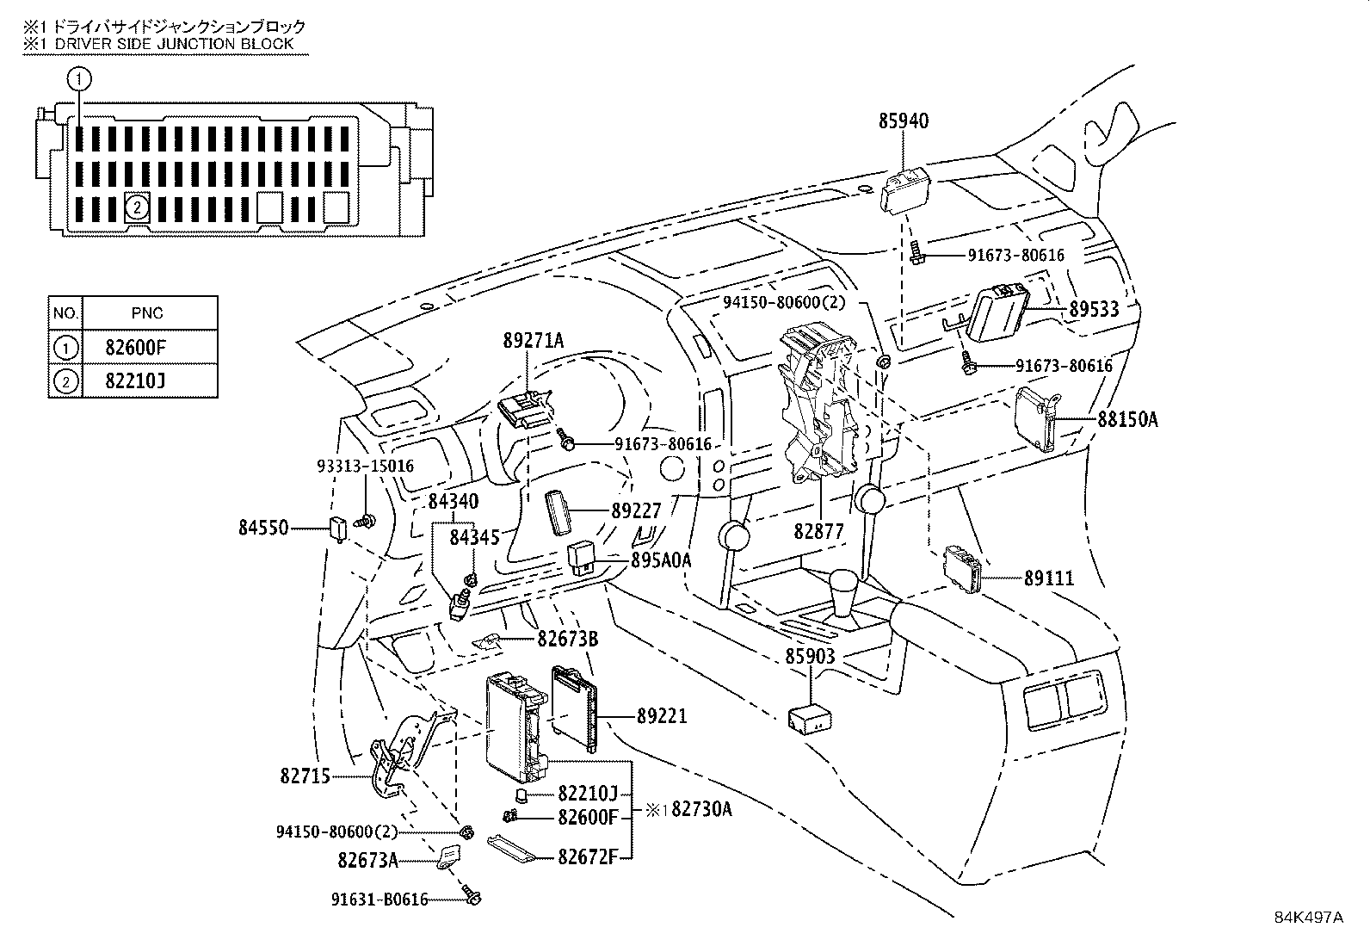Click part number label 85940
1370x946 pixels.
pyautogui.click(x=904, y=121)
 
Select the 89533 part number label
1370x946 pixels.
pyautogui.click(x=1094, y=309)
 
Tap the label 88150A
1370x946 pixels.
pyautogui.click(x=1127, y=420)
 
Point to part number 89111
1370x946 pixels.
pyautogui.click(x=1049, y=578)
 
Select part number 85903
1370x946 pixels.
pyautogui.click(x=810, y=657)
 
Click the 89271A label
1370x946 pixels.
pyautogui.click(x=534, y=341)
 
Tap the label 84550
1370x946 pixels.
pyautogui.click(x=263, y=527)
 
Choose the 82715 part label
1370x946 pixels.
pyautogui.click(x=305, y=776)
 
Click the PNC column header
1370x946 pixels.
pyautogui.click(x=147, y=313)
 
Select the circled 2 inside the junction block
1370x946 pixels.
pyautogui.click(x=136, y=207)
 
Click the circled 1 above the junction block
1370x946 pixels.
pyautogui.click(x=79, y=80)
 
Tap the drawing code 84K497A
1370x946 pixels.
pyautogui.click(x=1308, y=917)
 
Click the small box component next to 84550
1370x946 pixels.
pyautogui.click(x=340, y=528)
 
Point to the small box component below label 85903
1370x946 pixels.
pyautogui.click(x=810, y=718)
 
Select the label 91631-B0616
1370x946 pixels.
pyautogui.click(x=380, y=900)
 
